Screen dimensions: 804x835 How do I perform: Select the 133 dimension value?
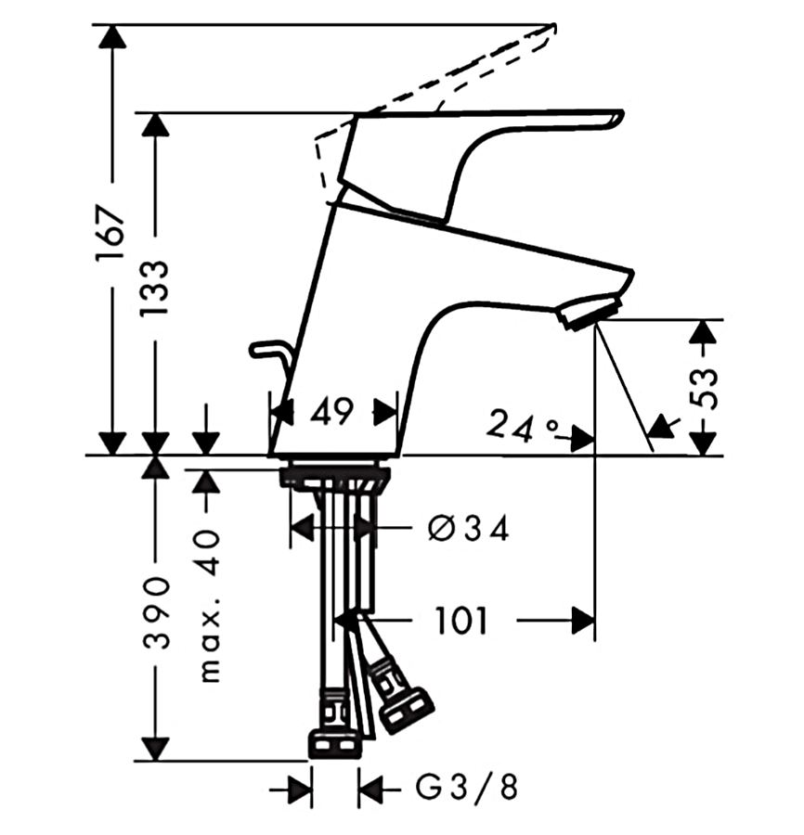pos(154,289)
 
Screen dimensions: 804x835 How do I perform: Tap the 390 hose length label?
pos(157,612)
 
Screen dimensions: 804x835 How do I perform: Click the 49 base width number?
pos(331,411)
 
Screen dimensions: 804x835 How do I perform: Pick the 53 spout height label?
pos(707,387)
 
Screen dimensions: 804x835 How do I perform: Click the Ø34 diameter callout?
pos(468,529)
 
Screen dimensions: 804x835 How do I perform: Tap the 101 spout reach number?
pos(460,621)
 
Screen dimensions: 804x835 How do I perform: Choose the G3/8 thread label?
pos(466,787)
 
